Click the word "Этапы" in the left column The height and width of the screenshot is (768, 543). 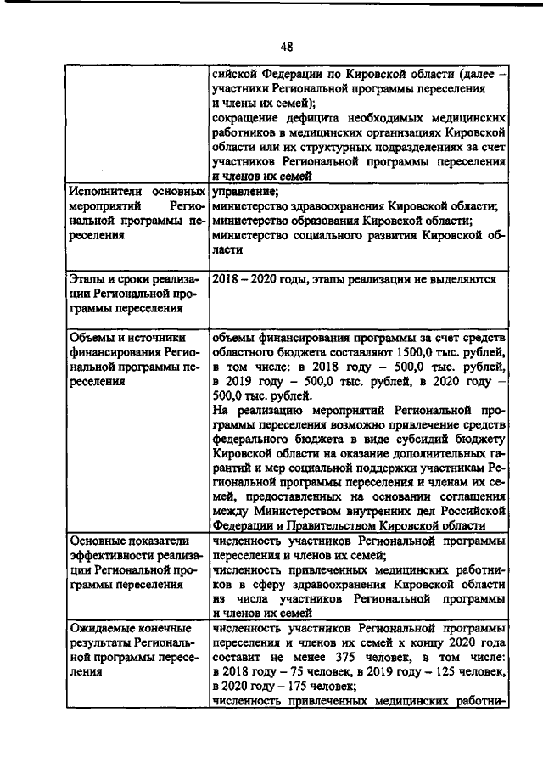(86, 278)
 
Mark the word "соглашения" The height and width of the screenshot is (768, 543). (468, 496)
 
